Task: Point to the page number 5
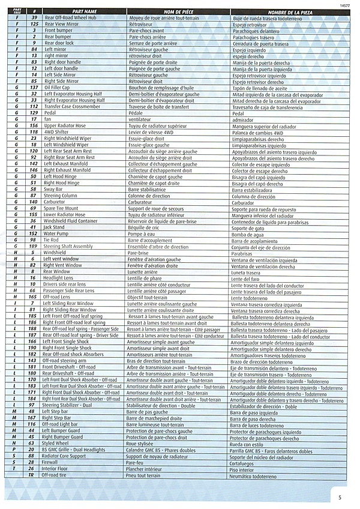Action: tap(340, 497)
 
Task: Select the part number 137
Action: tap(34, 88)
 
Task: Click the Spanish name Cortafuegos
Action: tap(245, 463)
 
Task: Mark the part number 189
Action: tap(34, 246)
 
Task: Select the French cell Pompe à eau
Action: tap(141, 233)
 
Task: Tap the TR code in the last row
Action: tap(34, 475)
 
